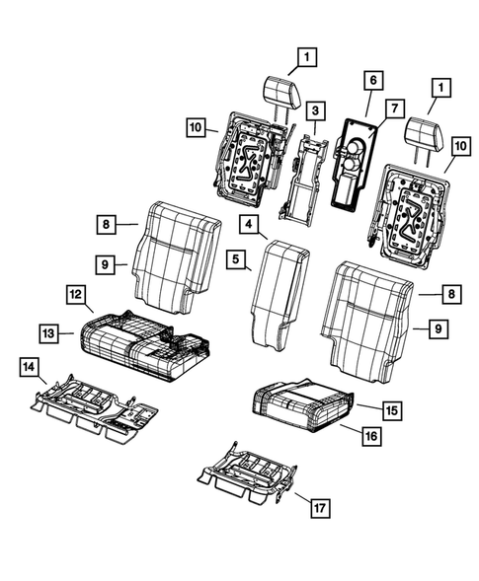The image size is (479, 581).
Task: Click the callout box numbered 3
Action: click(314, 110)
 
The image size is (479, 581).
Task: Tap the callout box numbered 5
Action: click(238, 261)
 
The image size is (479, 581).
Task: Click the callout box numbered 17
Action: click(319, 508)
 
